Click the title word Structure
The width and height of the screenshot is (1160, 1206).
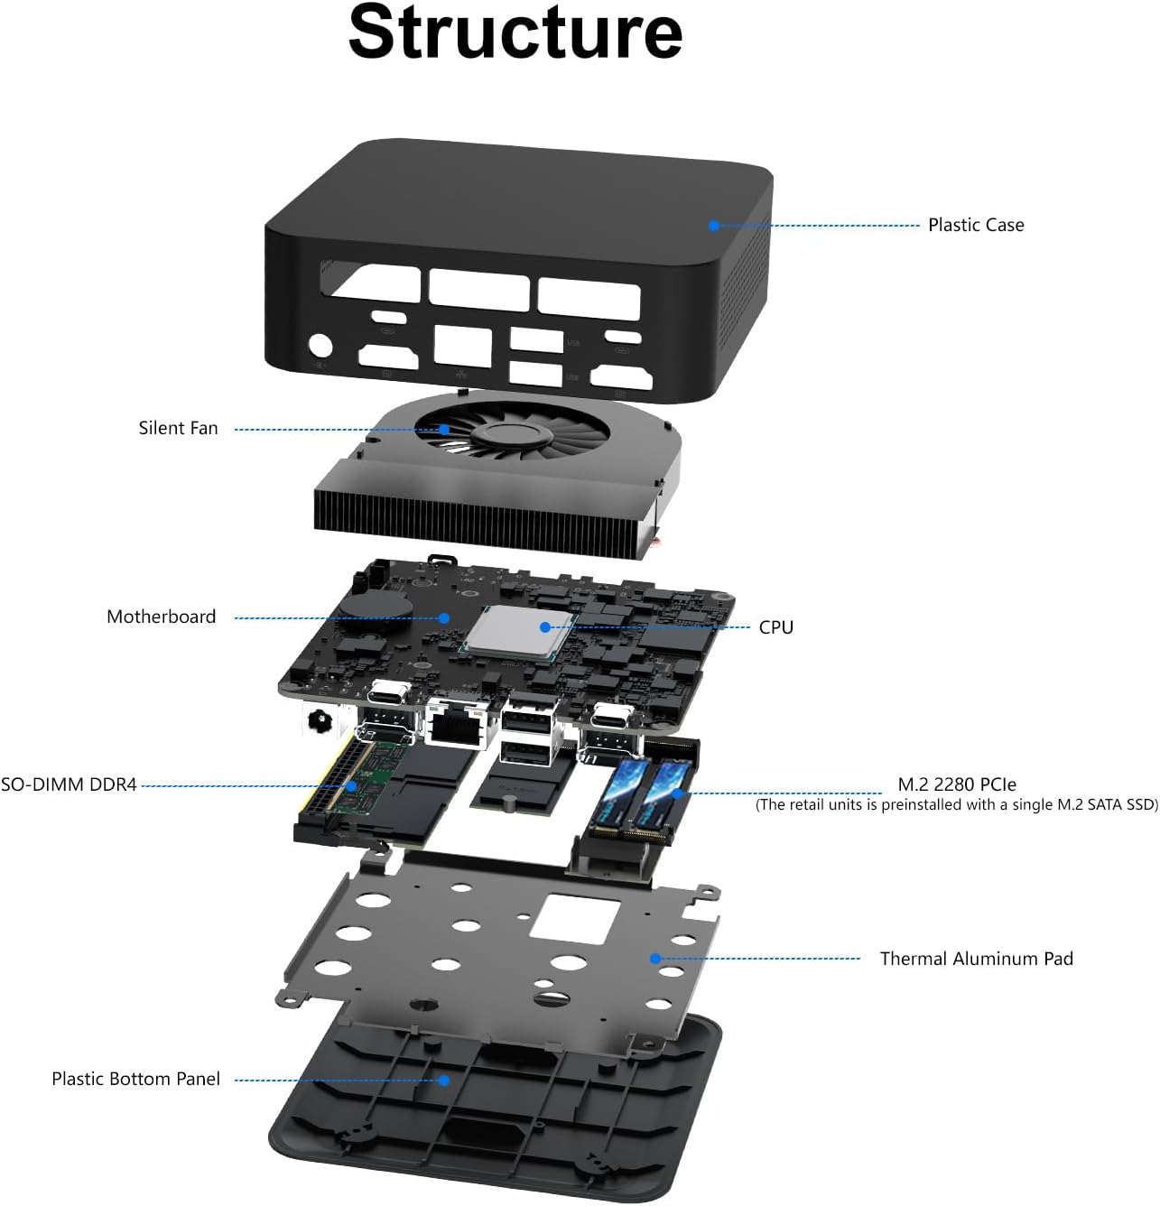pos(515,33)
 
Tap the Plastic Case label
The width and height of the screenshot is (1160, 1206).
pos(976,225)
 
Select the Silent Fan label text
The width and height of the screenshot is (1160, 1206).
pos(178,428)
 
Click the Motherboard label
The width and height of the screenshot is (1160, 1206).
pos(162,617)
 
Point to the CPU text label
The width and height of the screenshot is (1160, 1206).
pos(775,627)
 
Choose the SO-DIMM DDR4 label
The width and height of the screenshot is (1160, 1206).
pos(69,784)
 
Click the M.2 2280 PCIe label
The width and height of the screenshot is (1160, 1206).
pos(957,784)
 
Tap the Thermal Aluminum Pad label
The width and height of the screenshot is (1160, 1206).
pos(976,959)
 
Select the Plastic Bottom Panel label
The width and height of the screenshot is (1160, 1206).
pos(135,1079)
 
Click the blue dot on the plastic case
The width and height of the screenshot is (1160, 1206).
pos(713,226)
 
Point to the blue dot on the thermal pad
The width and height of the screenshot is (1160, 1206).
pos(655,959)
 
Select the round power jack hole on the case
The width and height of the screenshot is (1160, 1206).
pos(320,347)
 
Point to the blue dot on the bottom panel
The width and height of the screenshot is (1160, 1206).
pos(443,1080)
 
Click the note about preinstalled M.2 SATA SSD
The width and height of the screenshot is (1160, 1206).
pos(956,805)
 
